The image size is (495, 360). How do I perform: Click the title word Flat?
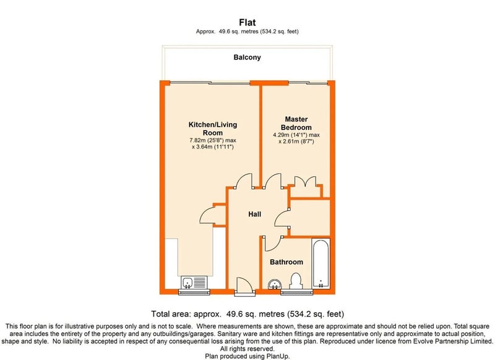tap(247, 22)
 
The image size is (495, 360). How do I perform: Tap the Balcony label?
tap(247, 58)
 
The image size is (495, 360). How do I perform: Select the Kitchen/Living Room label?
tap(213, 129)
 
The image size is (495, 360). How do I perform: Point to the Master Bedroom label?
tap(296, 123)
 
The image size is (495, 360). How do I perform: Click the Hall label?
tap(254, 214)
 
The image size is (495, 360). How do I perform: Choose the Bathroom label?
tap(286, 262)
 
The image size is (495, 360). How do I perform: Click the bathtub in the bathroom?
tap(321, 264)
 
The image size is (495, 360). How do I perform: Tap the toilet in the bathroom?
tap(296, 281)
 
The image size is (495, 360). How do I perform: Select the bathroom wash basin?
tap(275, 285)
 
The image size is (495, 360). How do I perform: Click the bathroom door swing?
tap(272, 243)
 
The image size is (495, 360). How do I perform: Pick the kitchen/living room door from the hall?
tap(244, 181)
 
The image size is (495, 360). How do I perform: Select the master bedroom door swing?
tap(273, 181)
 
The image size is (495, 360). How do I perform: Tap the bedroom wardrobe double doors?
tap(305, 182)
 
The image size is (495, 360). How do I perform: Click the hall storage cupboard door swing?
tap(282, 218)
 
